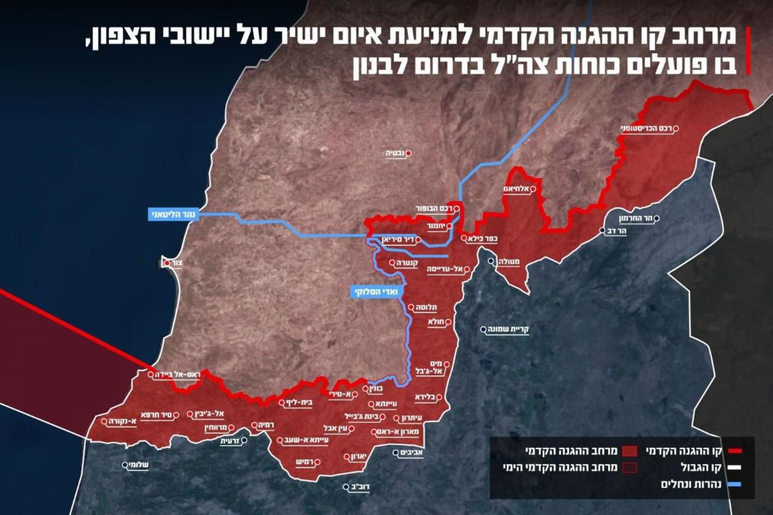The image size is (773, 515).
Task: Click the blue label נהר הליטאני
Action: tap(173, 214)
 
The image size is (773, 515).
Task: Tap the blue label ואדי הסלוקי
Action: tap(375, 292)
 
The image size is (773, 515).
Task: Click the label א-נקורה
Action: tap(122, 422)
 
